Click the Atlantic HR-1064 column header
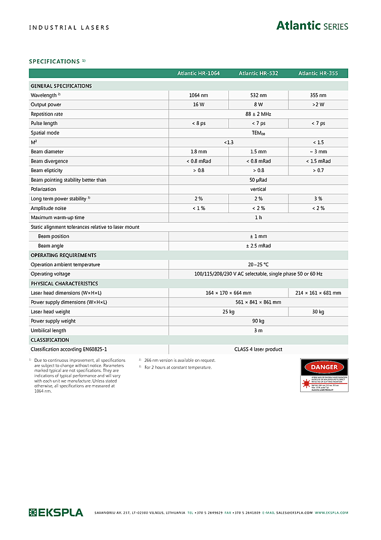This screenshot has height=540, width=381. (199, 73)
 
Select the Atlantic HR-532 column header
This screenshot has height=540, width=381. (258, 73)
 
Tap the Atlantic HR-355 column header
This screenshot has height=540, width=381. (318, 73)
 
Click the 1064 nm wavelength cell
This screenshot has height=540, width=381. (199, 95)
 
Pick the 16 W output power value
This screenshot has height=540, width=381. (199, 105)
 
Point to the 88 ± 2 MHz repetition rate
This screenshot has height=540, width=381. (258, 114)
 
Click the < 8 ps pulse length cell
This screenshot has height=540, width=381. (199, 123)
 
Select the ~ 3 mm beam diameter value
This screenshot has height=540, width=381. (318, 152)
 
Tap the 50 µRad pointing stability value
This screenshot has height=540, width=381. (258, 180)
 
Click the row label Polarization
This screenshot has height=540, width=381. (43, 189)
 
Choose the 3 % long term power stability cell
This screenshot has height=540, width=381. (318, 199)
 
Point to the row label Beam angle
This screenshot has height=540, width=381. (50, 246)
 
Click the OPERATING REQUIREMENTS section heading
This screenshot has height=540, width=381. (64, 255)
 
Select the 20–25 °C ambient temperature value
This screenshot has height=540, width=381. (258, 265)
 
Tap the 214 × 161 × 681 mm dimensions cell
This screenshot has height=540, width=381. (318, 293)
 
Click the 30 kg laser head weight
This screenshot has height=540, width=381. (318, 312)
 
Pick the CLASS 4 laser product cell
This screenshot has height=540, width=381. (258, 349)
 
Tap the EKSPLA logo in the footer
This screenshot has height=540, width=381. (56, 513)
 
